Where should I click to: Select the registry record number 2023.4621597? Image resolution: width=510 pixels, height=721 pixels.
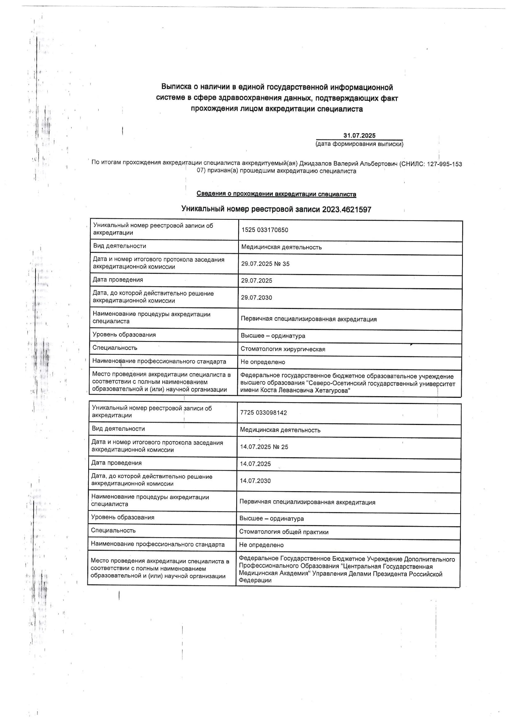[347, 209]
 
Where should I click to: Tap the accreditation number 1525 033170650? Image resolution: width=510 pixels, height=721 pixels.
[265, 230]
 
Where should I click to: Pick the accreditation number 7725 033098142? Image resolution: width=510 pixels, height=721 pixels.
[263, 413]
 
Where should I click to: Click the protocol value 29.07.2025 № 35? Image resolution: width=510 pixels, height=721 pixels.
[265, 264]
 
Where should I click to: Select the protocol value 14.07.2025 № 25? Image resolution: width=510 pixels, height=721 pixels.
[264, 447]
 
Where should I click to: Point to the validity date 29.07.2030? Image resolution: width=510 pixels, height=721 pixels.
[257, 298]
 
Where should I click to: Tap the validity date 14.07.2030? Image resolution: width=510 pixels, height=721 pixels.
[255, 481]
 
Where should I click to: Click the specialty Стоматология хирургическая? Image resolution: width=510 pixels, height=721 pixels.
[283, 349]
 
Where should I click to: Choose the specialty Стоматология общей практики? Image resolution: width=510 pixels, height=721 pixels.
[284, 532]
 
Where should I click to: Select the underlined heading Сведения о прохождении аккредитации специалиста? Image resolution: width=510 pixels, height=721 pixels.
[276, 194]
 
